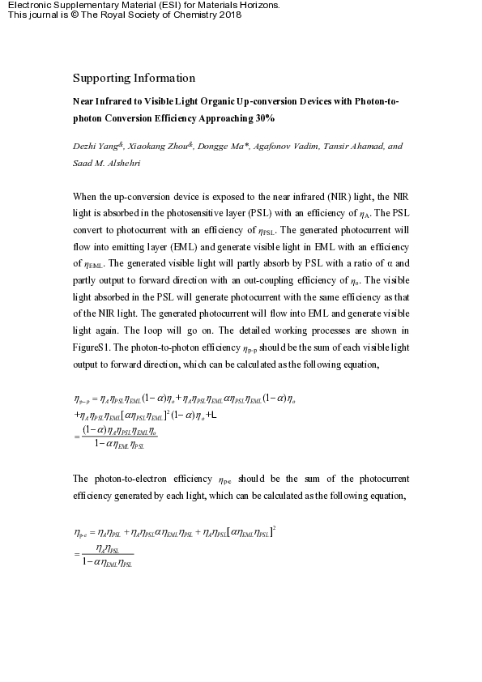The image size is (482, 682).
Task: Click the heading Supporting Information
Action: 134,79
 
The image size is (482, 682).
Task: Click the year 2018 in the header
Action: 230,15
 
